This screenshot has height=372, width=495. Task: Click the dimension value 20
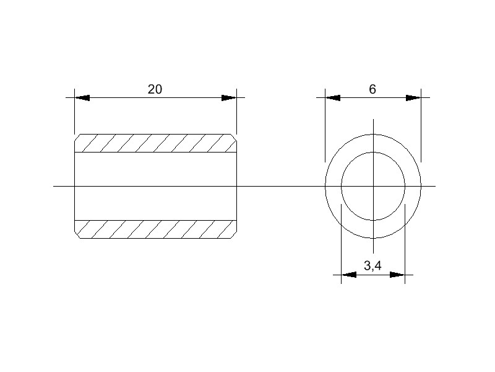[x=155, y=89]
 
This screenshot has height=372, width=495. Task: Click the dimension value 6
[x=372, y=89]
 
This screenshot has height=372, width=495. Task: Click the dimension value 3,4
[x=372, y=266]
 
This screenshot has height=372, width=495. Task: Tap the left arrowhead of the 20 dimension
[x=82, y=98]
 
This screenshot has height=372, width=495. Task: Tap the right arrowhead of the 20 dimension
[x=229, y=98]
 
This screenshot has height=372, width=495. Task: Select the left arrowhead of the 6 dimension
[x=333, y=98]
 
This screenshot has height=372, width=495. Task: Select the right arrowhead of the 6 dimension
[x=413, y=98]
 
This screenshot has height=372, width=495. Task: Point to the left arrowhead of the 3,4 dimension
[x=349, y=274]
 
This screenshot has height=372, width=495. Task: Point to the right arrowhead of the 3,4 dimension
[x=397, y=274]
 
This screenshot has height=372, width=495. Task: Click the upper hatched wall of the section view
[x=155, y=143]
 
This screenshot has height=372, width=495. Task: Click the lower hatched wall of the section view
[x=155, y=229]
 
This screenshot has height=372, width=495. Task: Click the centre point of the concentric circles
[x=373, y=186]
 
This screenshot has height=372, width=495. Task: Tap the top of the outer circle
[x=373, y=135]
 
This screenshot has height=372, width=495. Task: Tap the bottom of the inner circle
[x=373, y=220]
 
